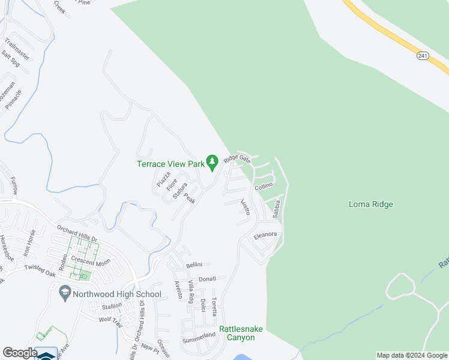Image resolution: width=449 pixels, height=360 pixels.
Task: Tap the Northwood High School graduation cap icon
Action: [64, 293]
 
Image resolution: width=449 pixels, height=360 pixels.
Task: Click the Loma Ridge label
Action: [370, 204]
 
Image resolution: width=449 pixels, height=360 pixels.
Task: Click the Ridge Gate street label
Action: [237, 159]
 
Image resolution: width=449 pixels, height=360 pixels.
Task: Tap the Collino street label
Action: [264, 187]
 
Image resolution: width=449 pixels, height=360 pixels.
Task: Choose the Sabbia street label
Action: [276, 208]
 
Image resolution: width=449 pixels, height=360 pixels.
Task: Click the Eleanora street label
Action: [265, 235]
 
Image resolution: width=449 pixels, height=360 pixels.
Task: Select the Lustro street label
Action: [245, 208]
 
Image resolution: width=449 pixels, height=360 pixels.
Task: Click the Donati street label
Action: [207, 279]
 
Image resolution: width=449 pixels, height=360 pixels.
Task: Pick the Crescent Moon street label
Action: [91, 262]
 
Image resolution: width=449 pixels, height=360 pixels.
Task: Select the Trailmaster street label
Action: [17, 49]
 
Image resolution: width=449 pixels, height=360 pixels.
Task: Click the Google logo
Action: [20, 353]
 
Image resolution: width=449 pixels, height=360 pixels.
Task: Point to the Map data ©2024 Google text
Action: [411, 355]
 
